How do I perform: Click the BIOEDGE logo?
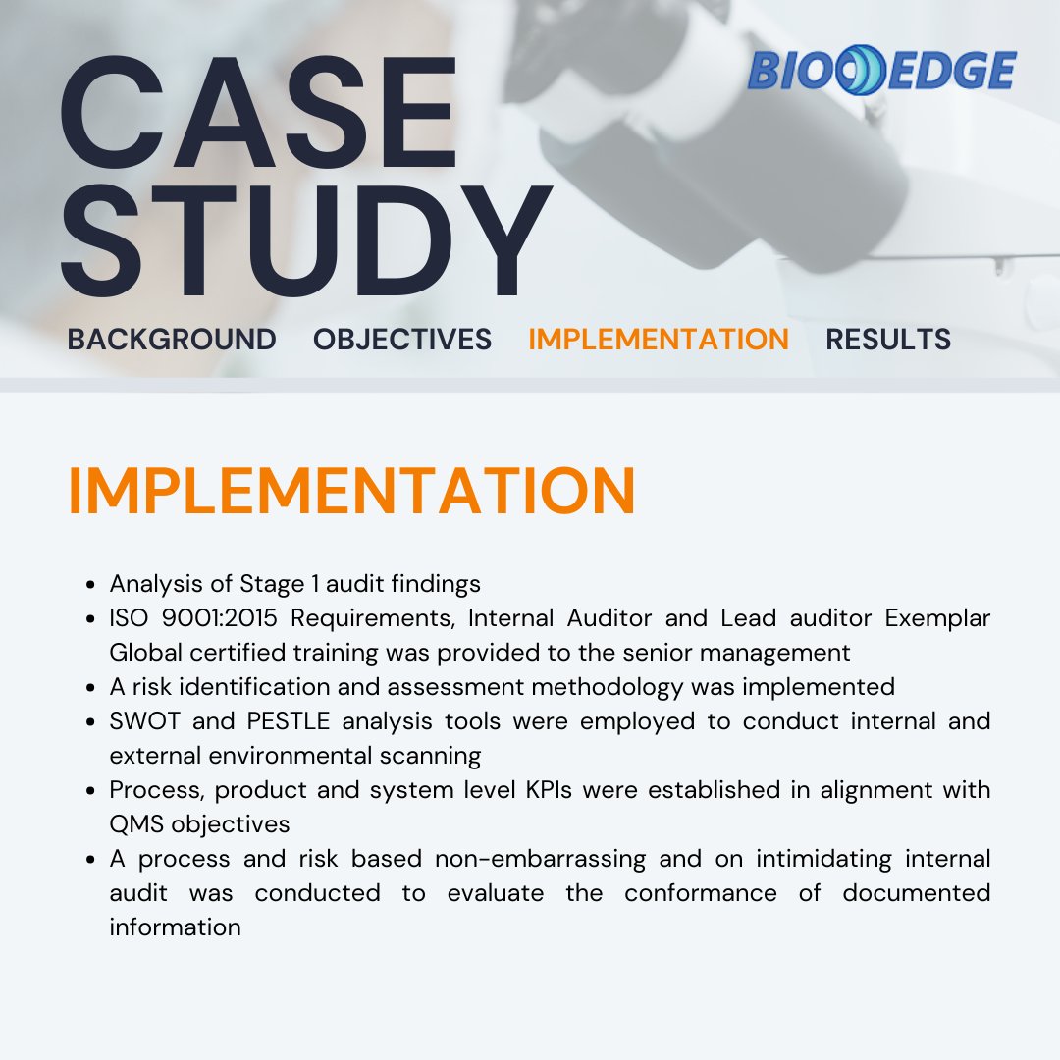coord(881,72)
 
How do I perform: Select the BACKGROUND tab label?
coord(172,340)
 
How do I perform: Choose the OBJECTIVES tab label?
coord(402,340)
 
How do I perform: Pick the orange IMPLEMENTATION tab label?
coord(659,340)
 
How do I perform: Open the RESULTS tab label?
coord(888,340)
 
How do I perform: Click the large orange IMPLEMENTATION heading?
coord(351,491)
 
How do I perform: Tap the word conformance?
coord(701,893)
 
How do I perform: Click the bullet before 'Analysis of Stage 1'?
coord(90,585)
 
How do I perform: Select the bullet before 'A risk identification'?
coord(90,688)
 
